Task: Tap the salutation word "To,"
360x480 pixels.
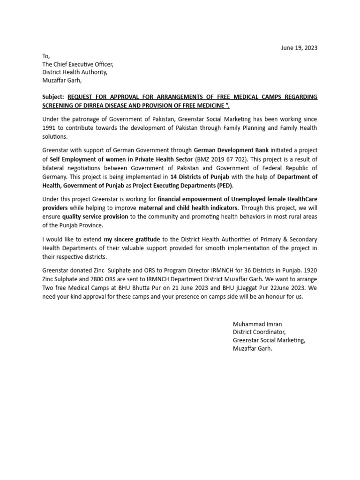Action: point(46,56)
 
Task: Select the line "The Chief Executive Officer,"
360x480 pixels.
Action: point(78,64)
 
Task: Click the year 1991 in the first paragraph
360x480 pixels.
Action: point(49,128)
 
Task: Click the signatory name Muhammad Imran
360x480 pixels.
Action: point(257,324)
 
